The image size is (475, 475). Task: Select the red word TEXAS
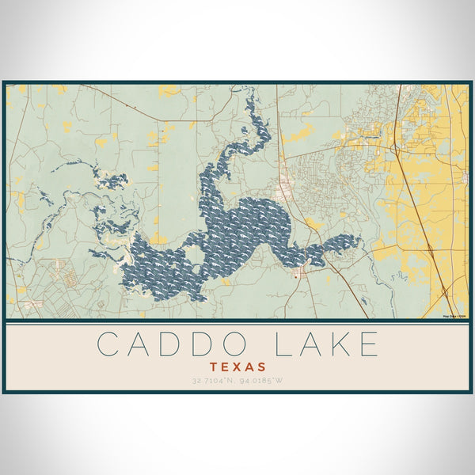(x=237, y=367)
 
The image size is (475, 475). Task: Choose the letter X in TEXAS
(x=237, y=367)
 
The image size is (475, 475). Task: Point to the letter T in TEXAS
(x=214, y=367)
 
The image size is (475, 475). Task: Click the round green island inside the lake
(x=192, y=256)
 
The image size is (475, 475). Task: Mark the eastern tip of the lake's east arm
(x=359, y=239)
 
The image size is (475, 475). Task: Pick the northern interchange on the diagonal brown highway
(x=397, y=146)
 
